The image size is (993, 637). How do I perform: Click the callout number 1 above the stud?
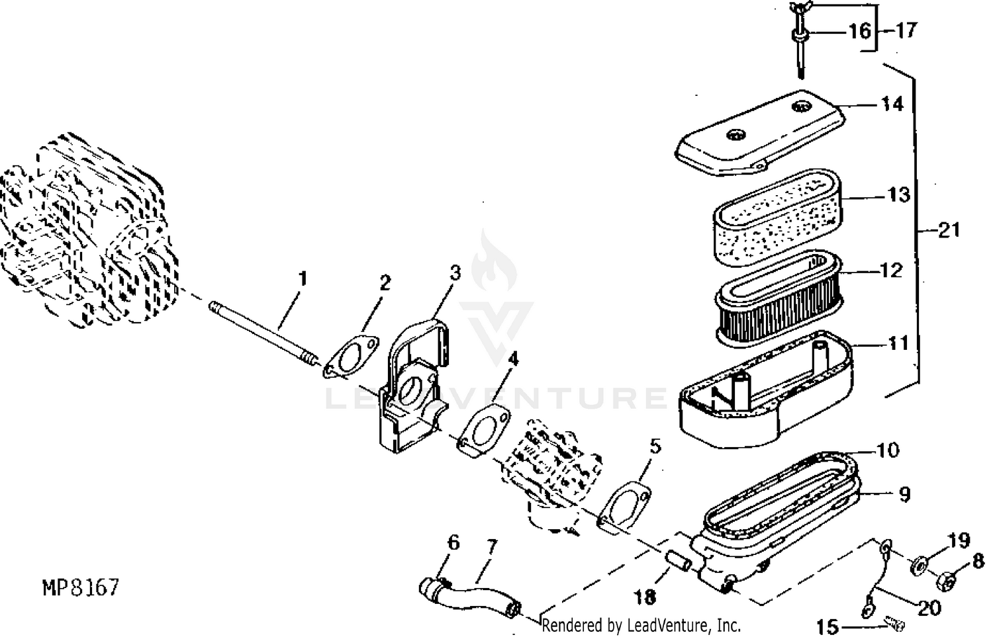303,278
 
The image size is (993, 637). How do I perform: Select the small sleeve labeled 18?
678,560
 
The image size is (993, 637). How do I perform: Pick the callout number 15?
828,625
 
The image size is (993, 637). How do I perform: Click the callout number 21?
949,230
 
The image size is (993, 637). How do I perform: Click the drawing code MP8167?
80,587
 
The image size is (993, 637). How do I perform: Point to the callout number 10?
887,450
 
